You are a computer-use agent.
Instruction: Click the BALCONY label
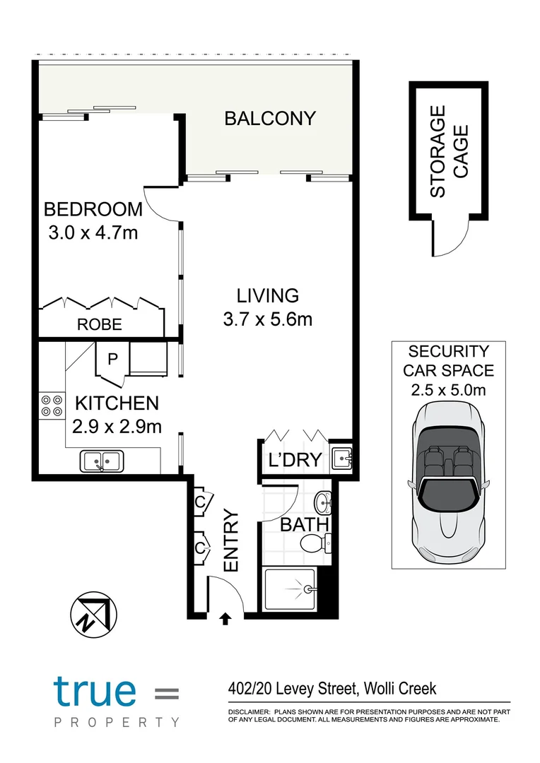pos(269,118)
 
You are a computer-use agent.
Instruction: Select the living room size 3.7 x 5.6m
pos(267,319)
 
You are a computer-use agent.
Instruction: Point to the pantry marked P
pos(112,359)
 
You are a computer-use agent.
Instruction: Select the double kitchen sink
pos(102,461)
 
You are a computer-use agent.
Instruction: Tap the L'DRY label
pos(295,460)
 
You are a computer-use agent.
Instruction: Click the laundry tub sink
pos(341,459)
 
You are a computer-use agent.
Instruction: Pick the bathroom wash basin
pos(324,504)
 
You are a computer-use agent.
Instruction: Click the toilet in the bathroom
pos(314,544)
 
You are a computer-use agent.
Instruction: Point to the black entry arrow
pos(225,620)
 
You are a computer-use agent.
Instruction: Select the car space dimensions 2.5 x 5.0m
pos(448,388)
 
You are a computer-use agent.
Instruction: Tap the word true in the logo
pos(94,690)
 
